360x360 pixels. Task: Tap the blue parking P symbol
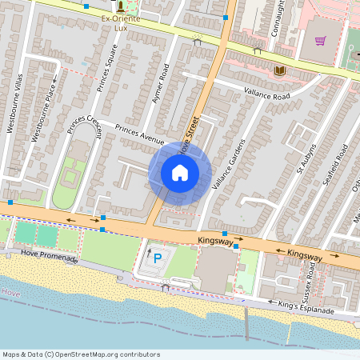point(158,259)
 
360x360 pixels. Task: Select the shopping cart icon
point(321,41)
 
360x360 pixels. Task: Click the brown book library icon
point(279,71)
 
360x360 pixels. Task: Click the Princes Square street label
point(106,67)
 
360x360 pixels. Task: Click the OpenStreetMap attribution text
point(80,354)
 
